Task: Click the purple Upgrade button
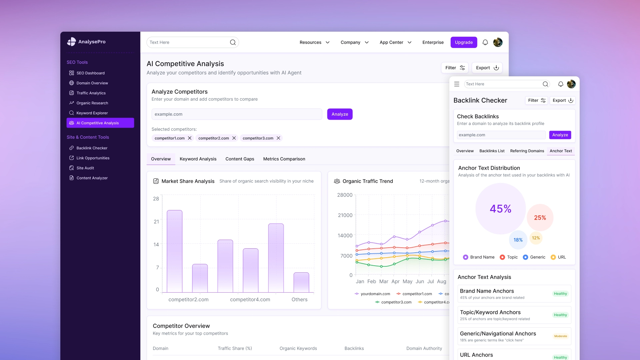464,42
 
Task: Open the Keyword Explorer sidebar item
92,113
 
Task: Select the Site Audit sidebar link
85,168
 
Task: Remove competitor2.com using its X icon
234,138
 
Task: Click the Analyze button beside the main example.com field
340,114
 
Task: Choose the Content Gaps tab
240,159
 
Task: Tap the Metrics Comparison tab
284,159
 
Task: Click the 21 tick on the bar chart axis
156,222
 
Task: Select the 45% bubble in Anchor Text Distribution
500,209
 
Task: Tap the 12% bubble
536,238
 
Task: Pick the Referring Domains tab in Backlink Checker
527,151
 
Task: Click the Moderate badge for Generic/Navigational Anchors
560,336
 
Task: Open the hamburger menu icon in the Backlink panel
457,84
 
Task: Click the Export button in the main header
487,68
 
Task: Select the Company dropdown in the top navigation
354,42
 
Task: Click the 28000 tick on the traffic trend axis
345,195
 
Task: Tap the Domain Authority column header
424,348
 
